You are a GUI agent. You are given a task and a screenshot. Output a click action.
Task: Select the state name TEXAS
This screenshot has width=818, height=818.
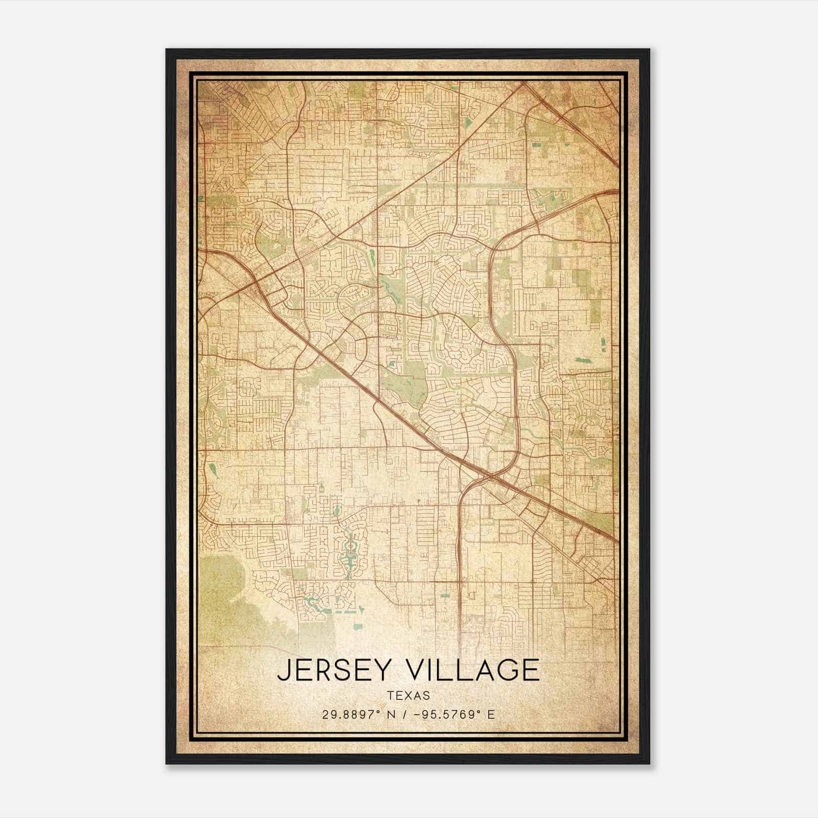point(408,695)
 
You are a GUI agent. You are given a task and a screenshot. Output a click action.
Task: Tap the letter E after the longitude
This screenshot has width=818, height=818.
point(491,715)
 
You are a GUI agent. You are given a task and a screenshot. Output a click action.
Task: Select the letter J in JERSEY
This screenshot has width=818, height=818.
point(283,670)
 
